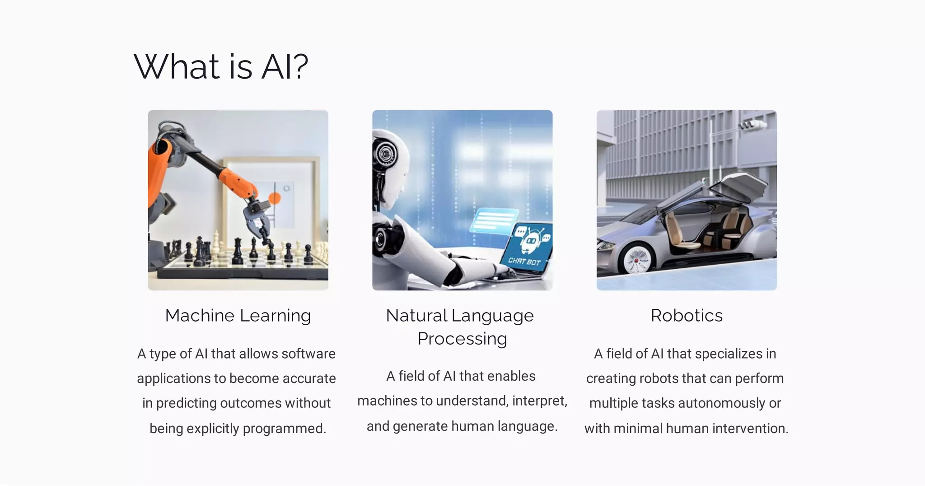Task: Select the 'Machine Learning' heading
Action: (x=238, y=315)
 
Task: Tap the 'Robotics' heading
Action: (x=686, y=315)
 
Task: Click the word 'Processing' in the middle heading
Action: (x=462, y=339)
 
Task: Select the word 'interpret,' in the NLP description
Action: (x=540, y=401)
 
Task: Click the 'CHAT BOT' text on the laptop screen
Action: (x=524, y=261)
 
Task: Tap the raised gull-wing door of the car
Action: (x=738, y=190)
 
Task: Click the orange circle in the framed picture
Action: (x=275, y=197)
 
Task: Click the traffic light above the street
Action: (x=752, y=125)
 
